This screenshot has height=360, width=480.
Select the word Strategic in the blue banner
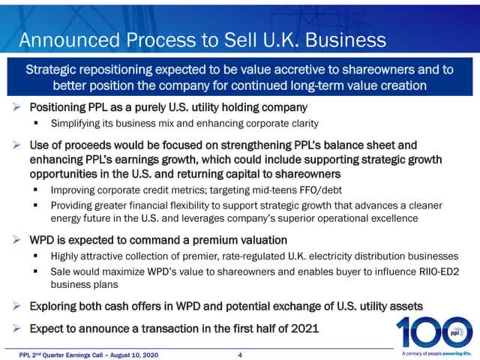point(55,70)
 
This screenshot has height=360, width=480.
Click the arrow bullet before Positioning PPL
point(18,107)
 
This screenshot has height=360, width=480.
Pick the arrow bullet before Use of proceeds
point(18,144)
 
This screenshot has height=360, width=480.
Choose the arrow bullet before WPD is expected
point(18,240)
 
